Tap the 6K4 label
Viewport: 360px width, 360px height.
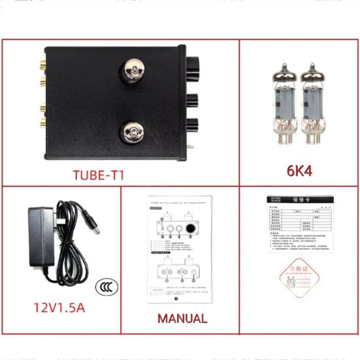(300, 170)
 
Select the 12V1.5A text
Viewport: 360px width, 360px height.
(59, 308)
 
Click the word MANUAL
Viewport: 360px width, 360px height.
(183, 318)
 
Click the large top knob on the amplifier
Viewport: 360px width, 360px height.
(196, 64)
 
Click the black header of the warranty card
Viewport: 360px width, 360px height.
(299, 200)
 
